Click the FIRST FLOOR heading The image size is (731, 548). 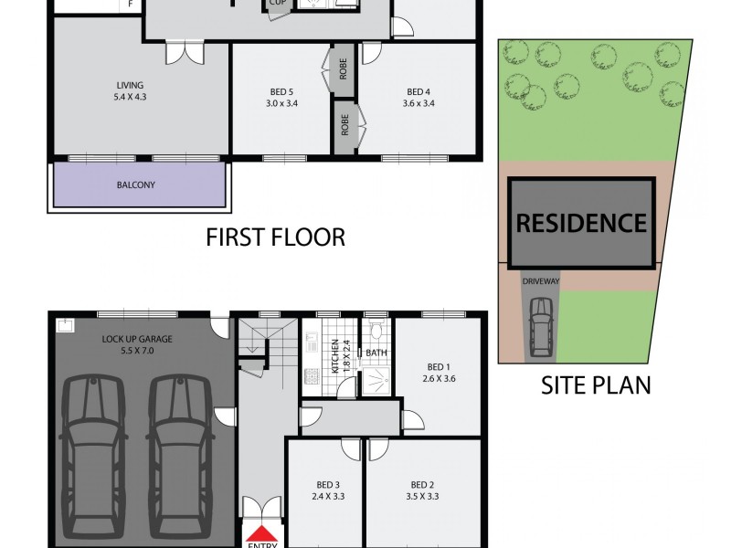pyautogui.click(x=275, y=238)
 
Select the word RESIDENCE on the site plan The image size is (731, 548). pyautogui.click(x=581, y=222)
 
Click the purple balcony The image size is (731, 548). pyautogui.click(x=136, y=184)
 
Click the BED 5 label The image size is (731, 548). pyautogui.click(x=281, y=91)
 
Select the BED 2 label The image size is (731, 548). pyautogui.click(x=420, y=485)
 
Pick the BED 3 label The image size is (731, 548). pyautogui.click(x=325, y=485)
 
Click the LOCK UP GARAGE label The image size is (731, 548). pyautogui.click(x=137, y=339)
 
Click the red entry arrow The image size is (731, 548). pyautogui.click(x=262, y=535)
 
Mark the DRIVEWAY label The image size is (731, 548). pyautogui.click(x=540, y=281)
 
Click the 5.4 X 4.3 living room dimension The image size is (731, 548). pyautogui.click(x=129, y=97)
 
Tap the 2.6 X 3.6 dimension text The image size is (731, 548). pyautogui.click(x=439, y=377)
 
